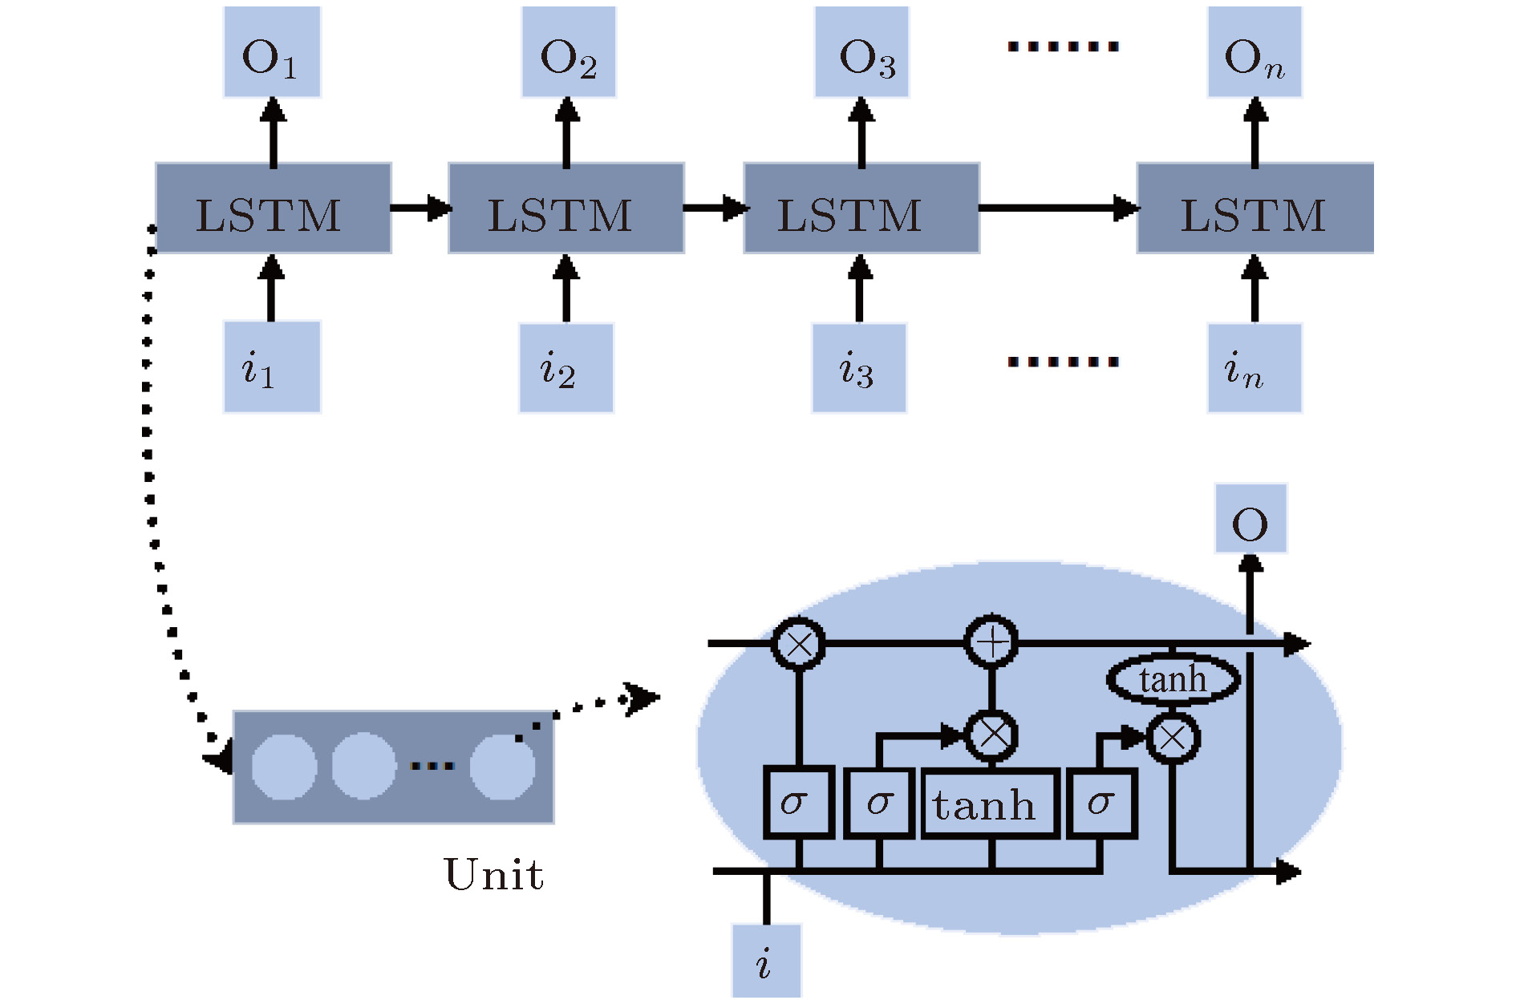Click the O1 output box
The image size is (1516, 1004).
point(272,53)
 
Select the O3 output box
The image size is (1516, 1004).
point(862,53)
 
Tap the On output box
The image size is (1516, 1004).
point(1255,53)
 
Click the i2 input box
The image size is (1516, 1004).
point(566,368)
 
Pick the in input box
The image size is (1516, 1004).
point(1255,368)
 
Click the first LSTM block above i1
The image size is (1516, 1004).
point(273,208)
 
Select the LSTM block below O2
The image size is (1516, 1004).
point(566,208)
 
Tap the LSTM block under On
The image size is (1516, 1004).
point(1255,208)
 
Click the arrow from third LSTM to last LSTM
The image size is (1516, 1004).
point(1059,208)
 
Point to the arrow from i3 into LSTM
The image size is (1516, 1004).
point(860,289)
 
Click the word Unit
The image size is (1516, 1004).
point(494,874)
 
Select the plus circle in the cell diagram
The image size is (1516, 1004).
point(991,642)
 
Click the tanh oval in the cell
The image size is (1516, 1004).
point(1173,680)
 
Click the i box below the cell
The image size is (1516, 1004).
point(766,961)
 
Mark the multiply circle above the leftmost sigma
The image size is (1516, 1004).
point(799,643)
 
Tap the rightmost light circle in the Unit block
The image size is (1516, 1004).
point(502,767)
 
